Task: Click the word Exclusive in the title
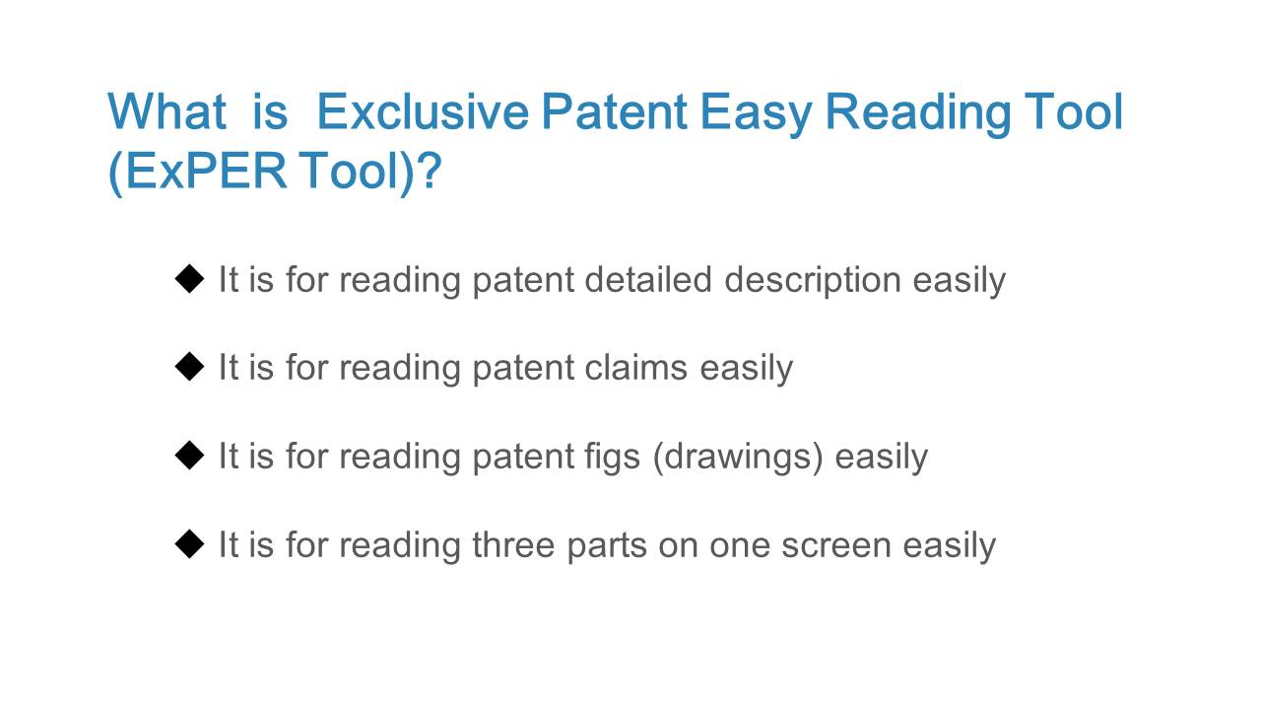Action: (x=423, y=111)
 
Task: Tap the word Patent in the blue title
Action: (x=614, y=111)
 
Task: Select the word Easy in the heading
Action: (x=756, y=115)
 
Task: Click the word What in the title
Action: (x=166, y=111)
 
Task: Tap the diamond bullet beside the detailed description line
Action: (x=190, y=279)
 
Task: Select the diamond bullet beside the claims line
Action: (x=190, y=367)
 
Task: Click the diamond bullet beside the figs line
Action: (x=190, y=456)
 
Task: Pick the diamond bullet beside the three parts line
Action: (x=190, y=543)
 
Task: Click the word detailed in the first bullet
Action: (x=648, y=279)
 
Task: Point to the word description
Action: (x=813, y=281)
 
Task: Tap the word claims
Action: (x=636, y=368)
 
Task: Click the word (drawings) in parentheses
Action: (x=738, y=457)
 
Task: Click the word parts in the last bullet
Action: (x=607, y=547)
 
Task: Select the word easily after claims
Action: (x=747, y=369)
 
